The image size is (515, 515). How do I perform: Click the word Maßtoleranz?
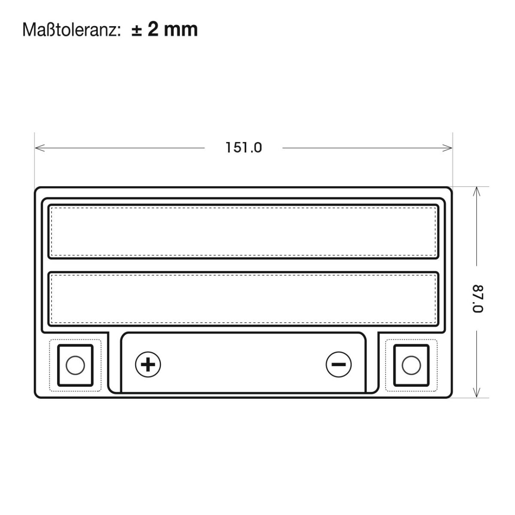click(x=70, y=30)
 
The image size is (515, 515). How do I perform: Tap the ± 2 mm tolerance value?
click(x=165, y=30)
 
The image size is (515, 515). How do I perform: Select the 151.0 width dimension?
click(x=243, y=148)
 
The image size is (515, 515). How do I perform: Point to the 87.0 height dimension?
click(x=478, y=299)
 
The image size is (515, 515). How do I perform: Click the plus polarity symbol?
click(x=148, y=364)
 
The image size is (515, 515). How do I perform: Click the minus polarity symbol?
click(x=338, y=364)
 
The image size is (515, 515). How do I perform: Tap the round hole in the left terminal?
click(x=76, y=365)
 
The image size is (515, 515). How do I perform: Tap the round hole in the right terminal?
click(x=411, y=365)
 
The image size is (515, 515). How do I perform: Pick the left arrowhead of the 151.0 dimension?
click(x=40, y=148)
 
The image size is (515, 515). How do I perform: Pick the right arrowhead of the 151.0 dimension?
click(x=447, y=148)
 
